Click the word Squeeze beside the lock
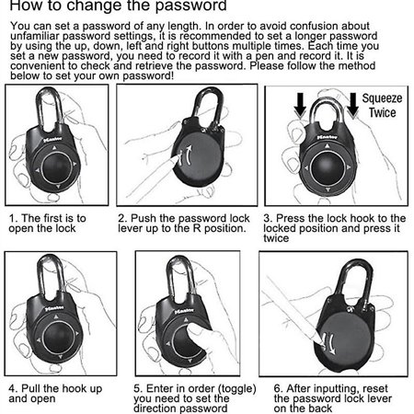pos(380,98)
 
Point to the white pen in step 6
pos(294,304)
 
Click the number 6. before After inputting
pos(278,389)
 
